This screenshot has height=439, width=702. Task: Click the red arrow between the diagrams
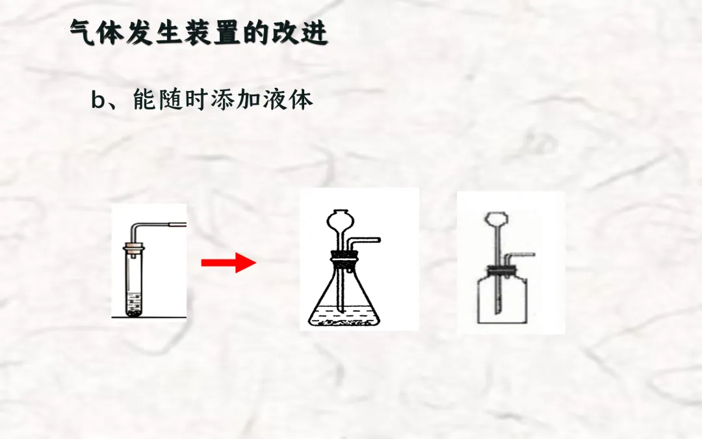[x=228, y=263]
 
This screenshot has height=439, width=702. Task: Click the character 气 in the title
[x=83, y=33]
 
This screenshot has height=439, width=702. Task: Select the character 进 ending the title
[x=315, y=33]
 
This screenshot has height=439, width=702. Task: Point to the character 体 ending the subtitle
[x=301, y=100]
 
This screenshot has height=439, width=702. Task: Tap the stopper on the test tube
[x=135, y=247]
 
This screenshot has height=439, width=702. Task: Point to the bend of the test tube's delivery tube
[x=136, y=226]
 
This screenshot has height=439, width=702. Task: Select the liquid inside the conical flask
[x=344, y=316]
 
